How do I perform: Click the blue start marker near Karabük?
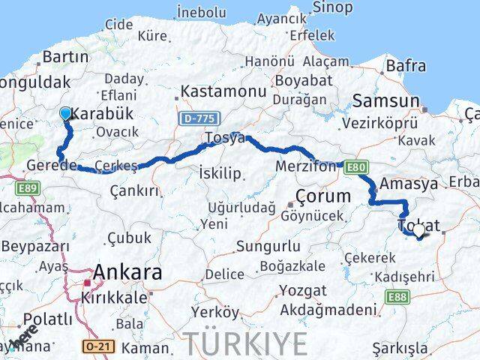click(x=65, y=113)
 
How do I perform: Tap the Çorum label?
click(x=323, y=196)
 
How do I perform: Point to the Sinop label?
click(x=333, y=7)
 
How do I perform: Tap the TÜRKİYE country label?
click(x=247, y=343)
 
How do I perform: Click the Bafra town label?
click(x=406, y=66)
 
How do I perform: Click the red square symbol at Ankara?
click(x=88, y=283)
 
